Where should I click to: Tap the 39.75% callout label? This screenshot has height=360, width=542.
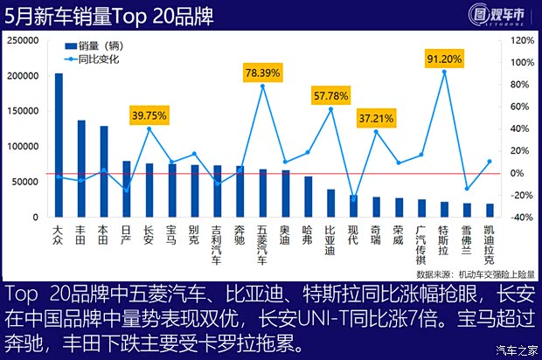149,114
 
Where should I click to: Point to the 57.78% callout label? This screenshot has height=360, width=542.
330,93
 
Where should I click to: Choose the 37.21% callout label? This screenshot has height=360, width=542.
376,116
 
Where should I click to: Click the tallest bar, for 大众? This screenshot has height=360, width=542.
59,145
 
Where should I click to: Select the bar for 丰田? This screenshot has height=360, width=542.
81,168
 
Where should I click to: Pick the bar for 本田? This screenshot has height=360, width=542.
104,171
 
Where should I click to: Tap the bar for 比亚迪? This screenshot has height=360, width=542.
330,203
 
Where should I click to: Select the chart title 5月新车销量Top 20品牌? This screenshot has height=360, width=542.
114,15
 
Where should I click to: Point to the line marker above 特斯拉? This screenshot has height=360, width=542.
444,73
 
